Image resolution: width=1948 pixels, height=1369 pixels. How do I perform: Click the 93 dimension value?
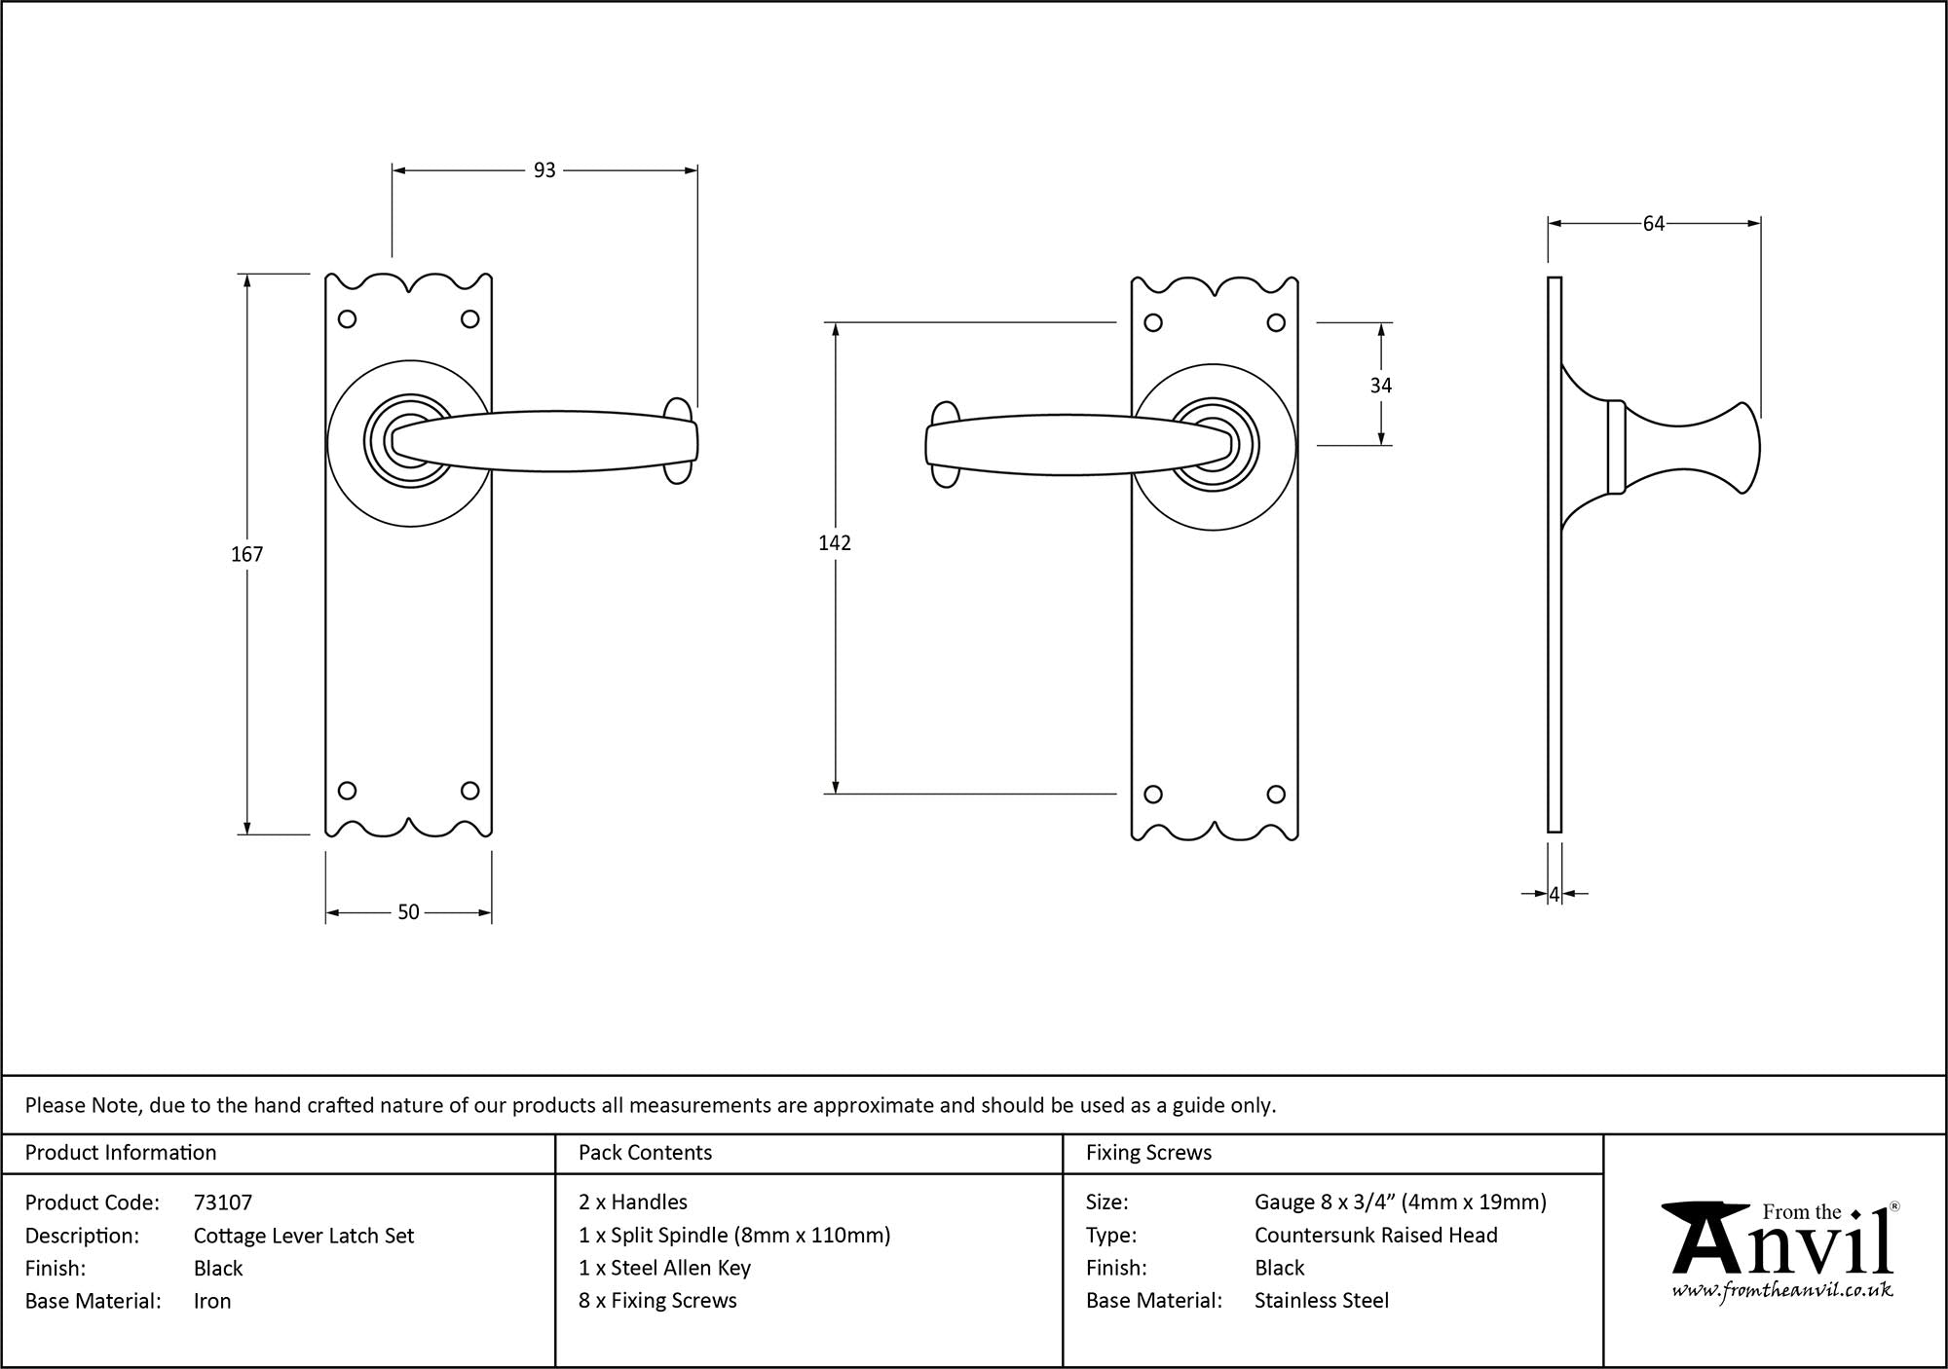click(x=544, y=170)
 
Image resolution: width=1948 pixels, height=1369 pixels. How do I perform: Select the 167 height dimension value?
click(x=246, y=554)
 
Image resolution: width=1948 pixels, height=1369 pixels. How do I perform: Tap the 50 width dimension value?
click(x=408, y=912)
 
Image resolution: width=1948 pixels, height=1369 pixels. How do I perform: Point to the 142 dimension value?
click(x=835, y=543)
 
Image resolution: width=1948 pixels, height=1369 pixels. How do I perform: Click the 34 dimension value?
click(x=1380, y=386)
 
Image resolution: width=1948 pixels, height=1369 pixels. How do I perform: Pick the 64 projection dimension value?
click(x=1653, y=224)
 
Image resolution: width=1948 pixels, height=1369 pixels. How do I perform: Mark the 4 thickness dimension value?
click(x=1555, y=893)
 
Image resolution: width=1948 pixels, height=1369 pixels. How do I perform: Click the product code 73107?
click(x=223, y=1202)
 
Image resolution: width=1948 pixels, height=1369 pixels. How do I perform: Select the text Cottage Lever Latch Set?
click(x=304, y=1236)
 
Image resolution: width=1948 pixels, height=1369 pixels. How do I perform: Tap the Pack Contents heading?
click(x=645, y=1153)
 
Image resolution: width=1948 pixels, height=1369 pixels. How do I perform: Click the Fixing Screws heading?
click(x=1148, y=1153)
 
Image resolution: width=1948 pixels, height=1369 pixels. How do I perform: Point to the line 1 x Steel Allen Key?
click(x=664, y=1268)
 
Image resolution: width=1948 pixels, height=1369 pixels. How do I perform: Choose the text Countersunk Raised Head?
click(x=1375, y=1235)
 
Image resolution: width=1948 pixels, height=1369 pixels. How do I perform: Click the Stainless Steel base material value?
click(x=1321, y=1300)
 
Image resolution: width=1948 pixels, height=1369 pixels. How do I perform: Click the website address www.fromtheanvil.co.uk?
click(x=1782, y=1291)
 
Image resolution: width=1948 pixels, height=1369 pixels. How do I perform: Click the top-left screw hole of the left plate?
click(x=347, y=318)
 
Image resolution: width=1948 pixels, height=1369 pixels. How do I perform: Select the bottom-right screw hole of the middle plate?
click(x=1276, y=795)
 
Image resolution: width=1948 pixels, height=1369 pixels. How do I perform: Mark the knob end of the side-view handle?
click(x=1743, y=448)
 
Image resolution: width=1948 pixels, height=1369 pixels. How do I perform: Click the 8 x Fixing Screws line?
click(x=657, y=1300)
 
